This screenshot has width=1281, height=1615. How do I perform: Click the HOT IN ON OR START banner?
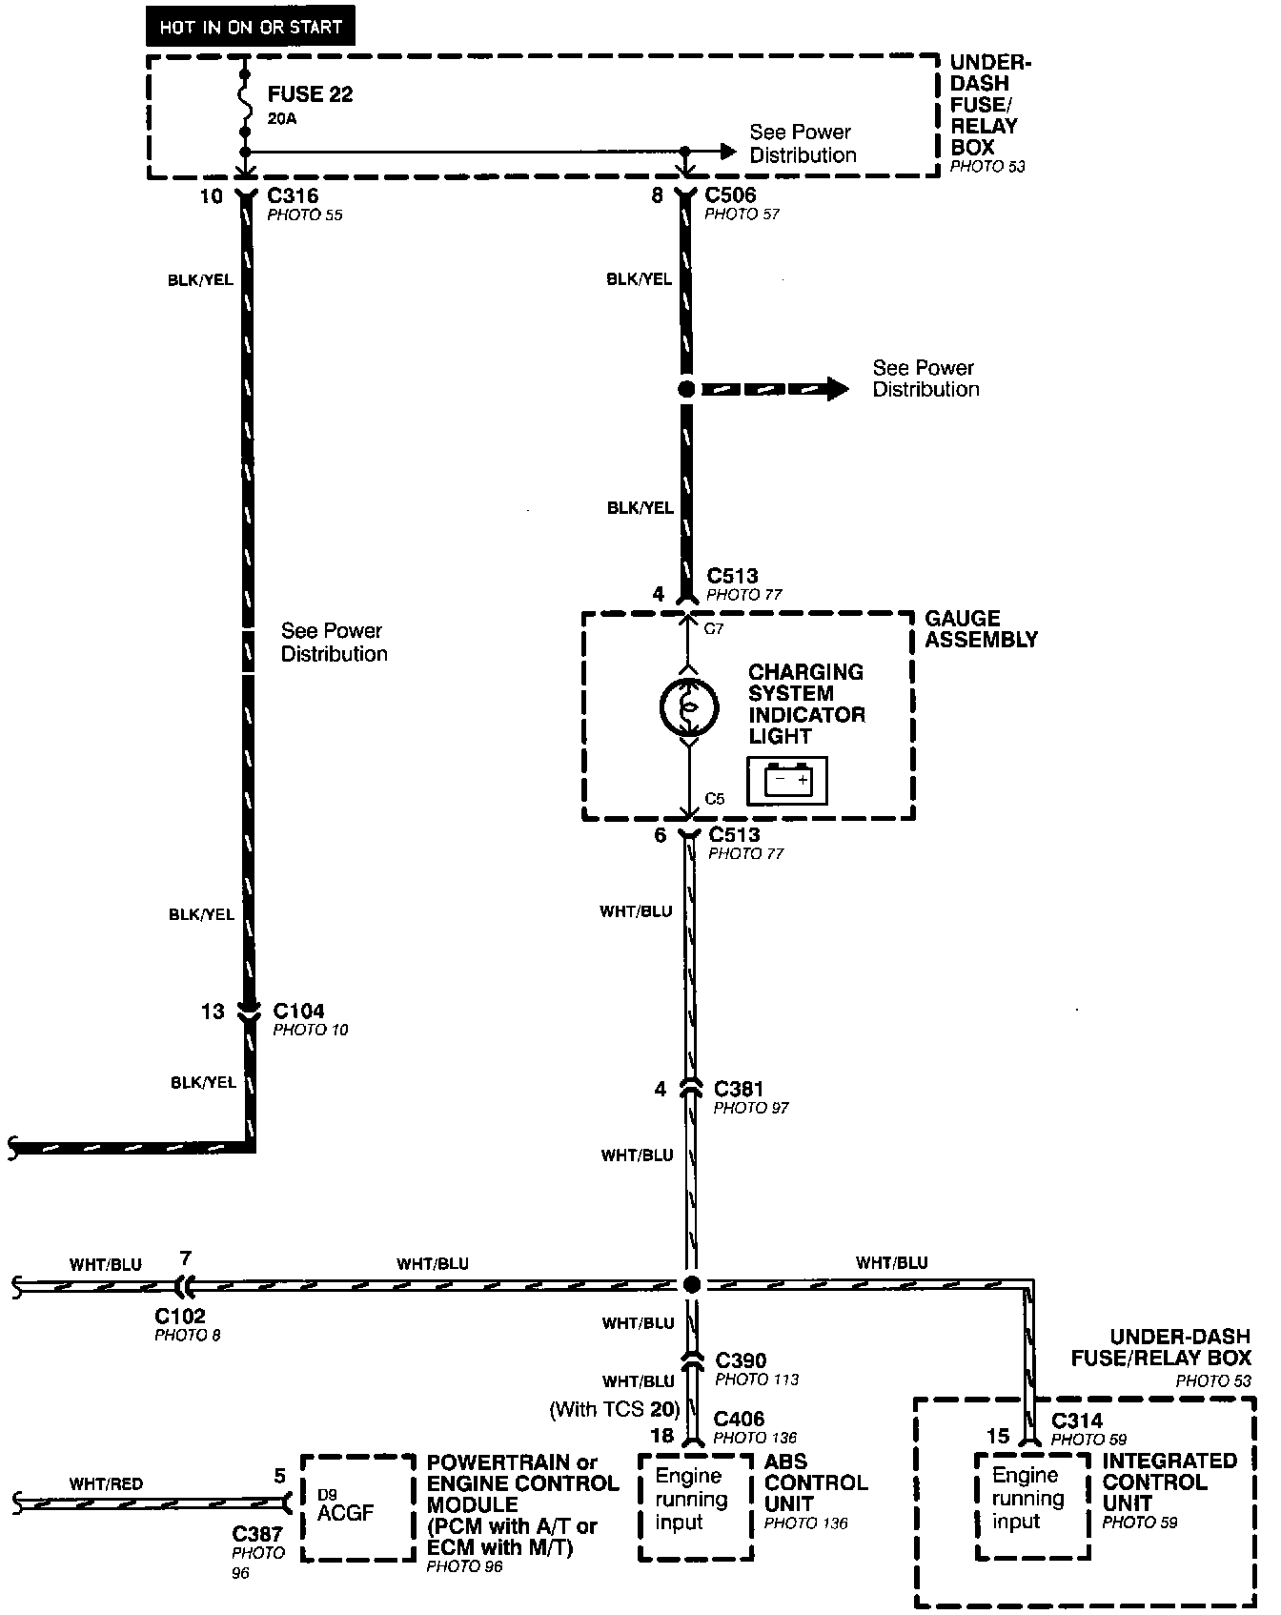(250, 27)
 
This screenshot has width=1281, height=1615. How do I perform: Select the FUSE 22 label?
(310, 94)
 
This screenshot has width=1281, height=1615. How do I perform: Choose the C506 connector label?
(730, 195)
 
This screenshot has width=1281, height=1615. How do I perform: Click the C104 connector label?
(298, 1011)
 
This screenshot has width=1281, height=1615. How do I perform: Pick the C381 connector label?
(739, 1089)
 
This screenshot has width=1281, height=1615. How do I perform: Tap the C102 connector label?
(180, 1317)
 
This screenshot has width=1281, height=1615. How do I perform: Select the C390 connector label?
(741, 1360)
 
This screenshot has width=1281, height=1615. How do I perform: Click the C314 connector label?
(1077, 1421)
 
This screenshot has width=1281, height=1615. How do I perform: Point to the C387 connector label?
(257, 1534)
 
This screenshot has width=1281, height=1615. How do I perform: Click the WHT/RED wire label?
(106, 1483)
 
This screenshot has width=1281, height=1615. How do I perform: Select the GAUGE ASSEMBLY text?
(981, 629)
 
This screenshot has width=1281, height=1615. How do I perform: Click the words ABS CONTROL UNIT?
(815, 1482)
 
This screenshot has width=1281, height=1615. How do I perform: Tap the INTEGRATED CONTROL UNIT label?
(1169, 1482)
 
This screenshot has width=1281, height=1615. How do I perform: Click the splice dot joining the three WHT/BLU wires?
(692, 1284)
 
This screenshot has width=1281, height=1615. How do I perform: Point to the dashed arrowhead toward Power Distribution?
(836, 389)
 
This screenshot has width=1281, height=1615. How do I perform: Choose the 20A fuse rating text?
(282, 120)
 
